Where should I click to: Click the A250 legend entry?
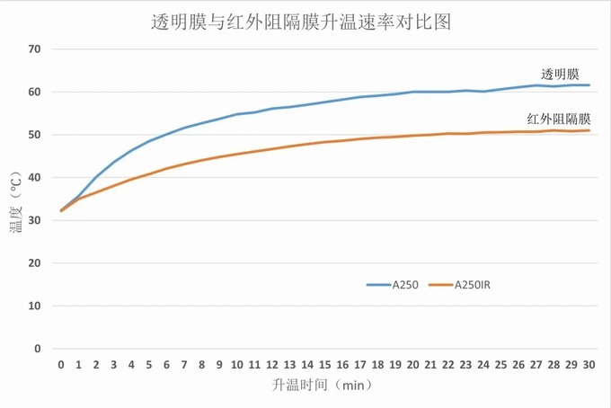[x=393, y=285]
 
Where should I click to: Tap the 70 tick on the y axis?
[x=35, y=49]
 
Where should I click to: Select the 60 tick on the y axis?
[x=35, y=92]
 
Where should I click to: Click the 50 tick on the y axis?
[x=35, y=135]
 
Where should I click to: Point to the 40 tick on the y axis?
[x=35, y=177]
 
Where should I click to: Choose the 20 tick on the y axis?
[x=35, y=263]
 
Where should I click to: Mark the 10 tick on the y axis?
[x=35, y=306]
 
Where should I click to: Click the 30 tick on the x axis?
[x=589, y=365]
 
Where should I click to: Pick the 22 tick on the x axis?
[x=447, y=365]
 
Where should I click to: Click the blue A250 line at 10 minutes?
[x=237, y=114]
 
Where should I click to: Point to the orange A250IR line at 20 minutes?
[x=412, y=136]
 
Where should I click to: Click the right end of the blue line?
[x=589, y=85]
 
